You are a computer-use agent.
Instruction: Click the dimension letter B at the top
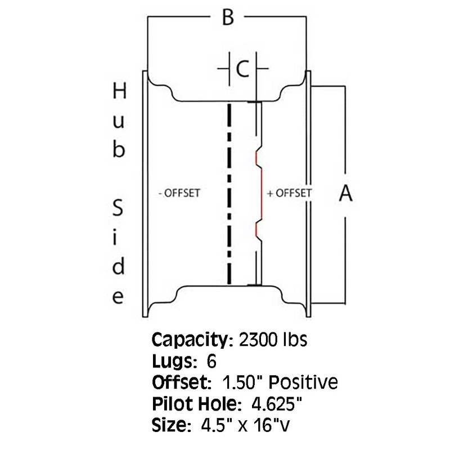tap(227, 18)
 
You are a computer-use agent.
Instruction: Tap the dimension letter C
tap(242, 69)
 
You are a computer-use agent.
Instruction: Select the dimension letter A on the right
tap(345, 194)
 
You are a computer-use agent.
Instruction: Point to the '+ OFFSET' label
tap(289, 193)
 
